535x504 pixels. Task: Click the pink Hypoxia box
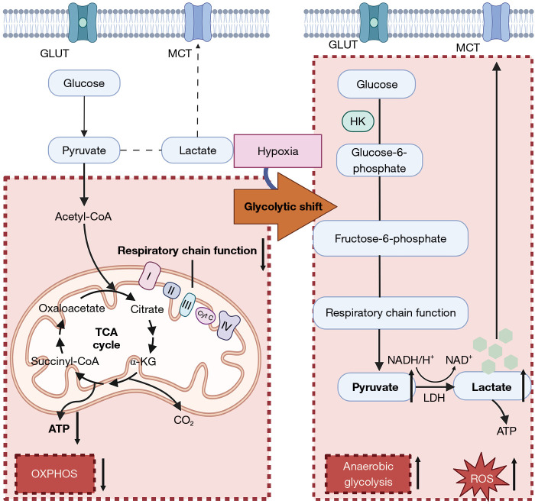pos(277,150)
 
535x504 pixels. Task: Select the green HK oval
pos(357,121)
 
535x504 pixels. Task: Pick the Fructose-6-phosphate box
pos(390,238)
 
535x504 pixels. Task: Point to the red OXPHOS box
pos(54,473)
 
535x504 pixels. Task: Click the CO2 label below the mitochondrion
pos(182,418)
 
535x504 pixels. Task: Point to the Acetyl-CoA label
pos(83,217)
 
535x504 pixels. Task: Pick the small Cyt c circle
pos(204,313)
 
